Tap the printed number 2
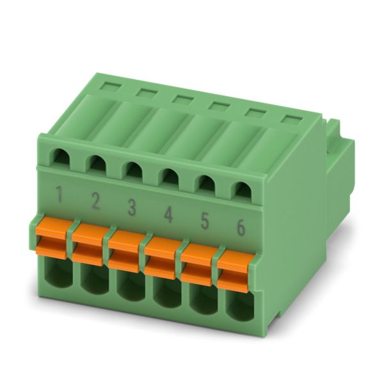95,201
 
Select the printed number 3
132,207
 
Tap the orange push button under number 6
236,272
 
